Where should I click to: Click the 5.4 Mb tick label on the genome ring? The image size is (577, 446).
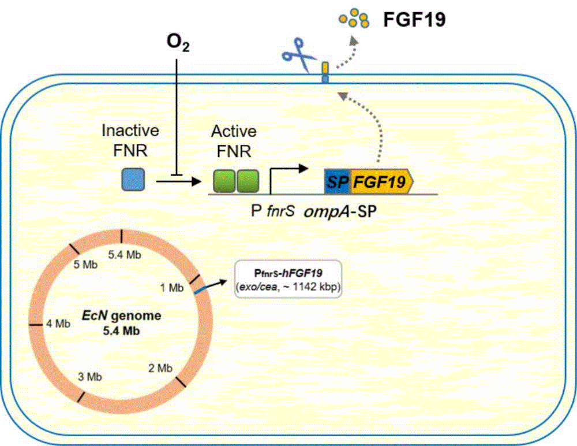tap(125, 254)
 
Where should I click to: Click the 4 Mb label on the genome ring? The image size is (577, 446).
tap(58, 324)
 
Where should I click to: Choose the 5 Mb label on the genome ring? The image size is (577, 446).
tap(85, 265)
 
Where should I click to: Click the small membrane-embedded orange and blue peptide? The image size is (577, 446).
tap(325, 72)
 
